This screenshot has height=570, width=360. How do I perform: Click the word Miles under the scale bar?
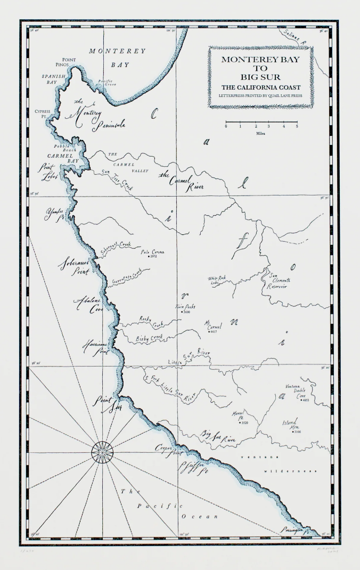261,133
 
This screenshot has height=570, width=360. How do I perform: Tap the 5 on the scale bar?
297,126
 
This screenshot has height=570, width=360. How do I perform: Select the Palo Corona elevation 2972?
153,256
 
